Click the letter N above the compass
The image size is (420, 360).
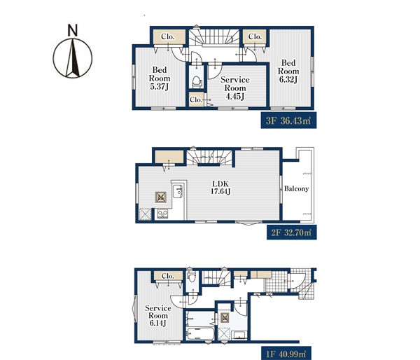tap(73, 30)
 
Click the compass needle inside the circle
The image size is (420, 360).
tap(73, 58)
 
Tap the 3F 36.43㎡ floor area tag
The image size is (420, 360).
tap(288, 120)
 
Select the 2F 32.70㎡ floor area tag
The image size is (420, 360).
tap(291, 232)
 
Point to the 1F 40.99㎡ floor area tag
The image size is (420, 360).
tap(286, 354)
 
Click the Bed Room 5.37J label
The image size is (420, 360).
tap(160, 78)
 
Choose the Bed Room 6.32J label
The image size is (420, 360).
tap(288, 71)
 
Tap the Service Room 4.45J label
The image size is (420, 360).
tap(235, 88)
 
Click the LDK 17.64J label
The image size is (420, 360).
tap(220, 188)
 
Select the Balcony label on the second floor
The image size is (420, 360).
tap(296, 188)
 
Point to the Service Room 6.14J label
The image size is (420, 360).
tap(157, 316)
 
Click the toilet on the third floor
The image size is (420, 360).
tap(197, 82)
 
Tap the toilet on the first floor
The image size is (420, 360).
tap(191, 277)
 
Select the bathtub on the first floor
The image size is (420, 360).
tap(199, 333)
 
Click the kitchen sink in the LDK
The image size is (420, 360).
tap(177, 191)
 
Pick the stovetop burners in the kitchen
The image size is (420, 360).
tap(162, 214)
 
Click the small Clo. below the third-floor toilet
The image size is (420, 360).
tap(196, 99)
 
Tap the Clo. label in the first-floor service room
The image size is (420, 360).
tap(168, 276)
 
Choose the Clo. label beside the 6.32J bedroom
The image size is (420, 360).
tap(255, 36)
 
